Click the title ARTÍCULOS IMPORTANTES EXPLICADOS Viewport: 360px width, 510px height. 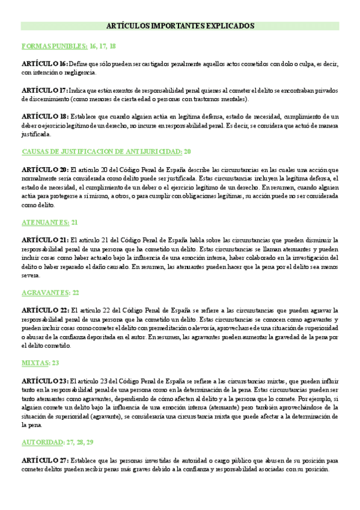pyautogui.click(x=180, y=26)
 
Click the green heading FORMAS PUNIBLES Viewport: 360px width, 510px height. pyautogui.click(x=53, y=46)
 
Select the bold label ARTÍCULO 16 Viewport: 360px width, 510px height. pyautogui.click(x=44, y=64)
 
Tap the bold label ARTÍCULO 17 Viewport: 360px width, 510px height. pyautogui.click(x=44, y=90)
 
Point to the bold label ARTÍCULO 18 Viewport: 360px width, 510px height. pyautogui.click(x=44, y=117)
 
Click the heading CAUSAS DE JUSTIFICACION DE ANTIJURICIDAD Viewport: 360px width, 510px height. pyautogui.click(x=102, y=152)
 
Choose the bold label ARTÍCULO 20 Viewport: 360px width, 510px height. pyautogui.click(x=44, y=170)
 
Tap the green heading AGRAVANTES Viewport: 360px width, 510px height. pyautogui.click(x=45, y=293)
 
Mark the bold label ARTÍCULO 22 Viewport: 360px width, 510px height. pyautogui.click(x=44, y=311)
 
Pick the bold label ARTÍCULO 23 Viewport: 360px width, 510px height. pyautogui.click(x=44, y=381)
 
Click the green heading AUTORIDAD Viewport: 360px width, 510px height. pyautogui.click(x=42, y=442)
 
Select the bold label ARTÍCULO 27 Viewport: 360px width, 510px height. pyautogui.click(x=44, y=460)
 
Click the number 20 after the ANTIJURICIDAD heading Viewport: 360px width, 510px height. pyautogui.click(x=188, y=152)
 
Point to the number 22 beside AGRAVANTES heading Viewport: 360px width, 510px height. pyautogui.click(x=76, y=293)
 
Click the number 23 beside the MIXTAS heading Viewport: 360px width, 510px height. pyautogui.click(x=56, y=363)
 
